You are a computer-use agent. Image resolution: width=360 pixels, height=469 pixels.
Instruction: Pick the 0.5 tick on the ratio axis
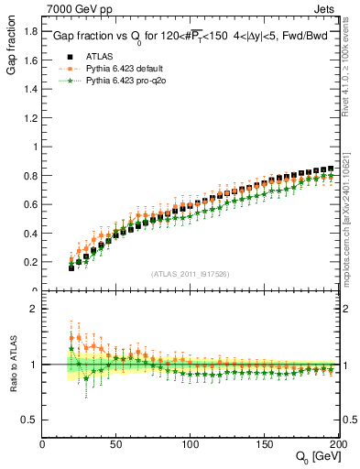(x=30, y=420)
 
